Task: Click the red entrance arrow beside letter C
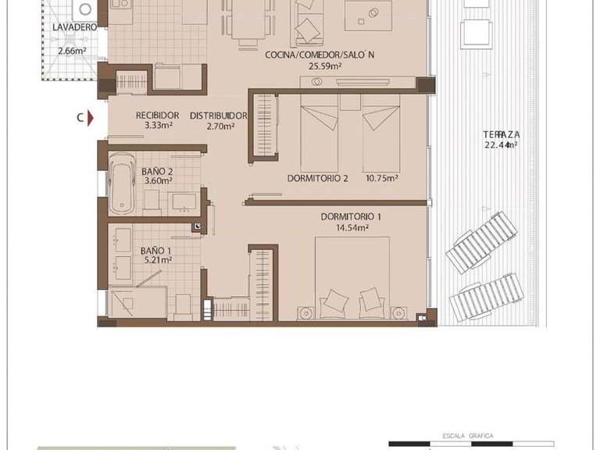(91, 118)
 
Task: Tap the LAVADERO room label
(75, 27)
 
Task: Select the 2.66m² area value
(72, 52)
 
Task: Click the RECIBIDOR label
(157, 115)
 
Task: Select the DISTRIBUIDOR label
(218, 115)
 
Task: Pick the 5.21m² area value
(156, 262)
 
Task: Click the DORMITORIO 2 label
(317, 178)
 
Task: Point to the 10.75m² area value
(382, 178)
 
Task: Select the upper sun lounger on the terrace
(481, 242)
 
